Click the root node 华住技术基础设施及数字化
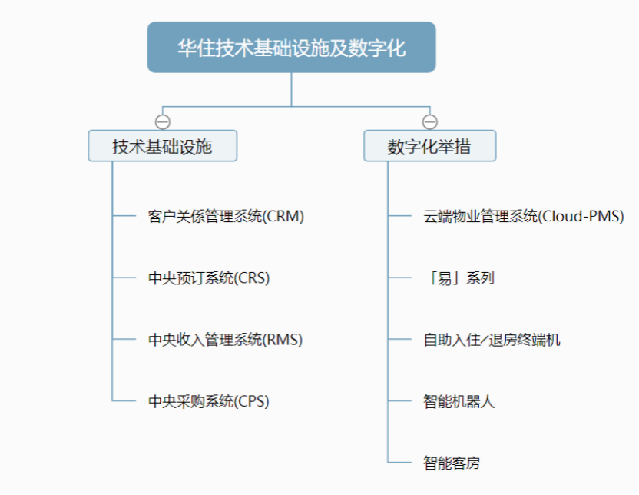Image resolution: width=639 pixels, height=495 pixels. (x=291, y=48)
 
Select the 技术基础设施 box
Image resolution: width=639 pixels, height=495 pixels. (x=163, y=146)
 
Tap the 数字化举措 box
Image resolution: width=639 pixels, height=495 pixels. (x=429, y=146)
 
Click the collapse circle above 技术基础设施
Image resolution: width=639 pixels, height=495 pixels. (x=163, y=121)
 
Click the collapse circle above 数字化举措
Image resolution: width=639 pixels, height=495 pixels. (x=430, y=121)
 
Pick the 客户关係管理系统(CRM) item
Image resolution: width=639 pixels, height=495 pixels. (x=226, y=216)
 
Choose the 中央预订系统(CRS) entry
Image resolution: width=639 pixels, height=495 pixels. (x=209, y=278)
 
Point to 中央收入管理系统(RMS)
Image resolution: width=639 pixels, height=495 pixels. (x=225, y=340)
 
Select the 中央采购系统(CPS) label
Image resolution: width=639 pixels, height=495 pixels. (x=208, y=401)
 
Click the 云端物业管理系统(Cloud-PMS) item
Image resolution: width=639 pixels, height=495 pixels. (x=524, y=216)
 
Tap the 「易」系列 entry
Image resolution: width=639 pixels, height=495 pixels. (x=459, y=278)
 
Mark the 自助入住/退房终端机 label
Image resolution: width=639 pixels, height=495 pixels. (x=492, y=340)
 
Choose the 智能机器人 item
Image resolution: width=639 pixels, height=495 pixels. (x=459, y=401)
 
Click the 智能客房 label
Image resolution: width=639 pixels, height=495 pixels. (x=452, y=463)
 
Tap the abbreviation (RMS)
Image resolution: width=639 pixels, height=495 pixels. (x=282, y=340)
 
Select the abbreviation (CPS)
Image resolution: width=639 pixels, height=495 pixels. (x=251, y=401)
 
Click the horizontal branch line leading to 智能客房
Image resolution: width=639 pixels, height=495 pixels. (x=399, y=463)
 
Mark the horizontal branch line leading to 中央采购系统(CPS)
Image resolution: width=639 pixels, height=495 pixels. (x=124, y=400)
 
